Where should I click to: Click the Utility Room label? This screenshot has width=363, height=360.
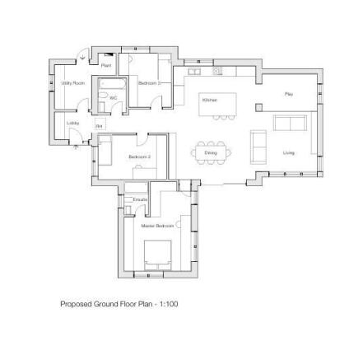(73, 83)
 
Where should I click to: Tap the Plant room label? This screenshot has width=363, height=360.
(106, 65)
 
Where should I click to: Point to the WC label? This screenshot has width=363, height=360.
(114, 97)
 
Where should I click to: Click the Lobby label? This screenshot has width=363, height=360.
(73, 123)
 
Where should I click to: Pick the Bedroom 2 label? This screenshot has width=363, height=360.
(137, 157)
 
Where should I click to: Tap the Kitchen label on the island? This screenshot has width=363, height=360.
(210, 100)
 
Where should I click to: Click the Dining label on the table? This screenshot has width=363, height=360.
(211, 152)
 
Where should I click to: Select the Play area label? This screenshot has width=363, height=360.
(289, 94)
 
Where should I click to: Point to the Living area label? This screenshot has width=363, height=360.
(289, 152)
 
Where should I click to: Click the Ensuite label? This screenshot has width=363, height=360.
(139, 199)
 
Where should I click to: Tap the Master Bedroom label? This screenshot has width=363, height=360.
(157, 225)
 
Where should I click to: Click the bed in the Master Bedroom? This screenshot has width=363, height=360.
(157, 253)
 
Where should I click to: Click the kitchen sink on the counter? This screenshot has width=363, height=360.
(197, 72)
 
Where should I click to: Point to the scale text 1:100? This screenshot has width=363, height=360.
(169, 304)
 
